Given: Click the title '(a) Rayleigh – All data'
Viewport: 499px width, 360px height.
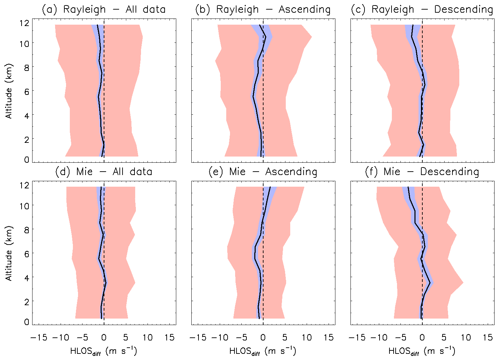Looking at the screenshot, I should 104,10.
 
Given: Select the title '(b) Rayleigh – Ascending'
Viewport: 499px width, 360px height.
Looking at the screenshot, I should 263,10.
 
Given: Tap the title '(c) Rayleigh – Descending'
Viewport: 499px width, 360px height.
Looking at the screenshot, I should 422,10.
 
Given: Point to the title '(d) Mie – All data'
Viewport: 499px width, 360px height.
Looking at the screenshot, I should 104,172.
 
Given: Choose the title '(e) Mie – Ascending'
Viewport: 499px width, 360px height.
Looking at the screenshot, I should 263,172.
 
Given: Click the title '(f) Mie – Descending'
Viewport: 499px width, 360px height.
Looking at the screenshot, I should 422,172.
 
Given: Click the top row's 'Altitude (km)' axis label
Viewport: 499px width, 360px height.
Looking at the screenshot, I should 9,91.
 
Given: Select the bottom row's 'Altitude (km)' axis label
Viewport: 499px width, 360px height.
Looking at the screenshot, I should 9,253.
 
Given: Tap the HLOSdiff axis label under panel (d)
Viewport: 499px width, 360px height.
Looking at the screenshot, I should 104,351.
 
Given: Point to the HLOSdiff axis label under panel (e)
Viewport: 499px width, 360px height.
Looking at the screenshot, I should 263,351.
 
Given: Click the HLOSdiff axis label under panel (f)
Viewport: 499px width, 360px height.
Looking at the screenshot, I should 422,351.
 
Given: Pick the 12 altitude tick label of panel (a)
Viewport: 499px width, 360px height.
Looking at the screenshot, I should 24,23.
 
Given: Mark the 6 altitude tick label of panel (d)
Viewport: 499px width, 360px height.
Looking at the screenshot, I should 26,254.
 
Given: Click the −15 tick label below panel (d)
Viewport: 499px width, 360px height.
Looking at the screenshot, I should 39,338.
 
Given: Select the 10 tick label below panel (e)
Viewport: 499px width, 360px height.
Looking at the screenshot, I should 307,338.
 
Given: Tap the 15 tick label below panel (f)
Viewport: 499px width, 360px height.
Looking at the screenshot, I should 488,338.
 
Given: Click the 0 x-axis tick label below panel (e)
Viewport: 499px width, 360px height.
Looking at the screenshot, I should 263,338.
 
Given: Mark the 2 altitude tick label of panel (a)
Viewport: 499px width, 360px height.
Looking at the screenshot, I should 26,139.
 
